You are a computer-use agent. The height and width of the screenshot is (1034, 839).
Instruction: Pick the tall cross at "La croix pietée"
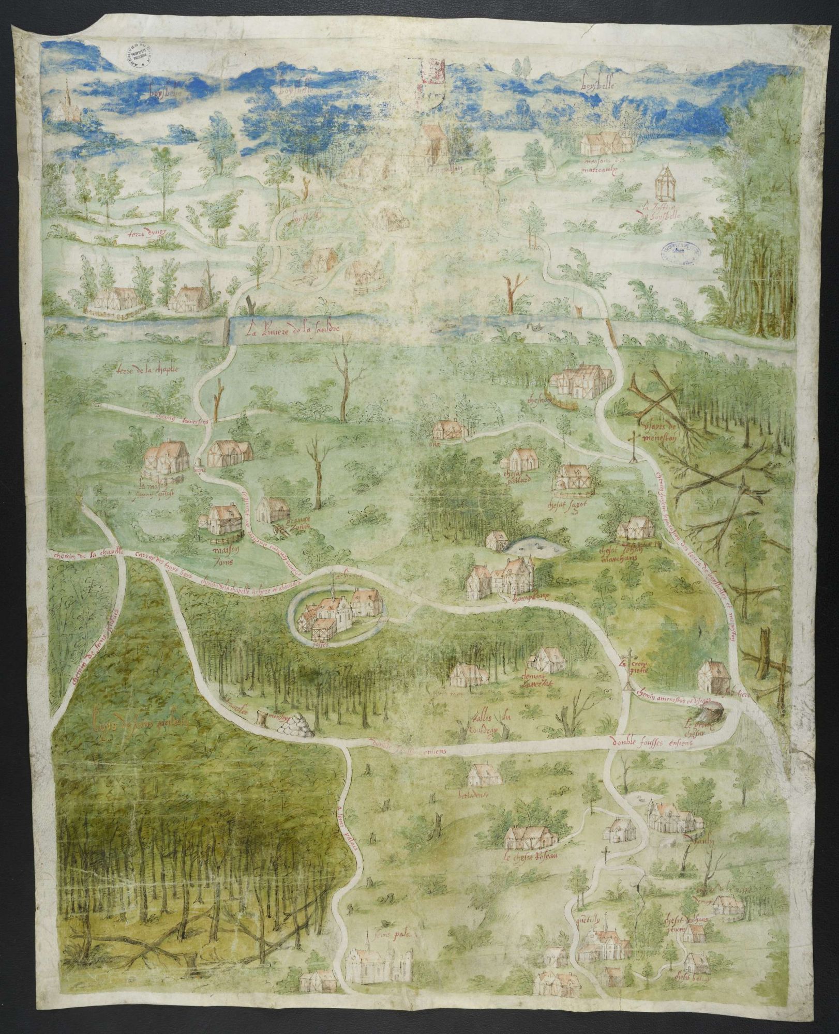[x=630, y=670]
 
